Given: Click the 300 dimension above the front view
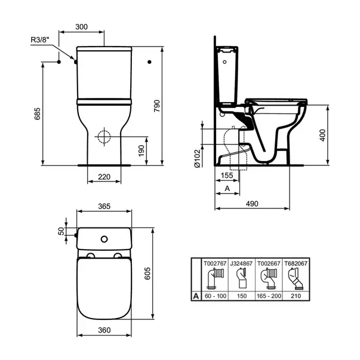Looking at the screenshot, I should coord(82,27).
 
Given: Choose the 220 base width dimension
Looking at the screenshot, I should coord(104,177).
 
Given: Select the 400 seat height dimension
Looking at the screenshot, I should coord(338,136).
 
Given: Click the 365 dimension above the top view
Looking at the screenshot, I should coord(104,207).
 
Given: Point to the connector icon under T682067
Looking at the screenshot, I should coord(293,278).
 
